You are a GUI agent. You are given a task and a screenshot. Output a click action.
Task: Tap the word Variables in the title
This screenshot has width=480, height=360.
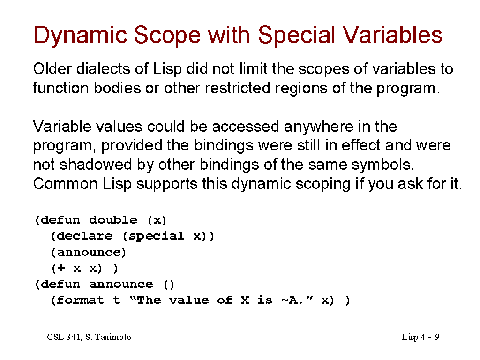tap(392, 34)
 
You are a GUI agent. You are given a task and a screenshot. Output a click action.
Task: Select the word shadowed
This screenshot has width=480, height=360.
tap(96, 165)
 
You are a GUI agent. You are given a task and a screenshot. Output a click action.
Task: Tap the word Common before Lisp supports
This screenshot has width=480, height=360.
tap(65, 184)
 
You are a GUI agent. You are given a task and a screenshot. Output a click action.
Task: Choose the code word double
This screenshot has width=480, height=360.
tap(113, 220)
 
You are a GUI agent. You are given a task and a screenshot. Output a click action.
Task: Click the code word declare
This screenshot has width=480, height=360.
tap(84, 236)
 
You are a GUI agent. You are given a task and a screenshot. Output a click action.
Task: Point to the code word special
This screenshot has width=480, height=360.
tap(156, 237)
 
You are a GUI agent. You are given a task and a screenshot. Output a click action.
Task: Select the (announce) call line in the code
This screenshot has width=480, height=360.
tap(89, 252)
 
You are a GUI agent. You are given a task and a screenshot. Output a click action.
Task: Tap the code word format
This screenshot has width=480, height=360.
tap(80, 300)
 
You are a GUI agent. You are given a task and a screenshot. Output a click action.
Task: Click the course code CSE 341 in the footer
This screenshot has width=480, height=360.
tap(64, 337)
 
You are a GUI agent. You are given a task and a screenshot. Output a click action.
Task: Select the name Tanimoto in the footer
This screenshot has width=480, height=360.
tap(113, 337)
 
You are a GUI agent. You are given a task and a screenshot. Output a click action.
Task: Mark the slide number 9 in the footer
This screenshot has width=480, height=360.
tap(437, 337)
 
